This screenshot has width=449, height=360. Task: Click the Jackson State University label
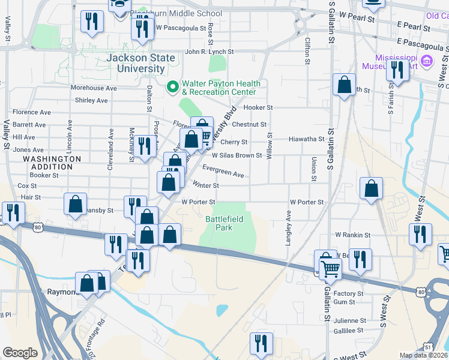point(141,63)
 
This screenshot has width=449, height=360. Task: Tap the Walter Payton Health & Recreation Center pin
point(173,88)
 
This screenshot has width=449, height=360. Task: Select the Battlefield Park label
point(224,223)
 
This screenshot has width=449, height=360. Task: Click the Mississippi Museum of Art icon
point(427,60)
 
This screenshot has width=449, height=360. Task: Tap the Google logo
point(20,353)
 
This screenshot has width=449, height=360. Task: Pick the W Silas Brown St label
point(237,155)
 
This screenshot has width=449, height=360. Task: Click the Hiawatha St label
point(306,139)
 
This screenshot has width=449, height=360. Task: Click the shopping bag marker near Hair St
point(76,204)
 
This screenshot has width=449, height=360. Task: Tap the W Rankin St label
point(354,235)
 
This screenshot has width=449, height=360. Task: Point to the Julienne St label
point(349,320)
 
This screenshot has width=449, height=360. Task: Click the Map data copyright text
point(424,355)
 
